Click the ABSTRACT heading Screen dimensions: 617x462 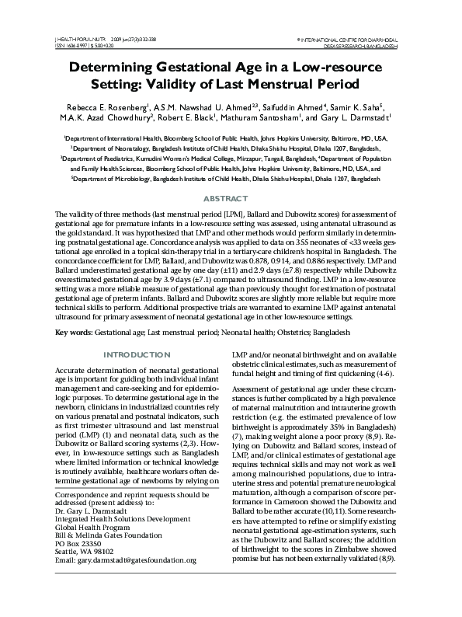(231, 199)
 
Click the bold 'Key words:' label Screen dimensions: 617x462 (73, 332)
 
